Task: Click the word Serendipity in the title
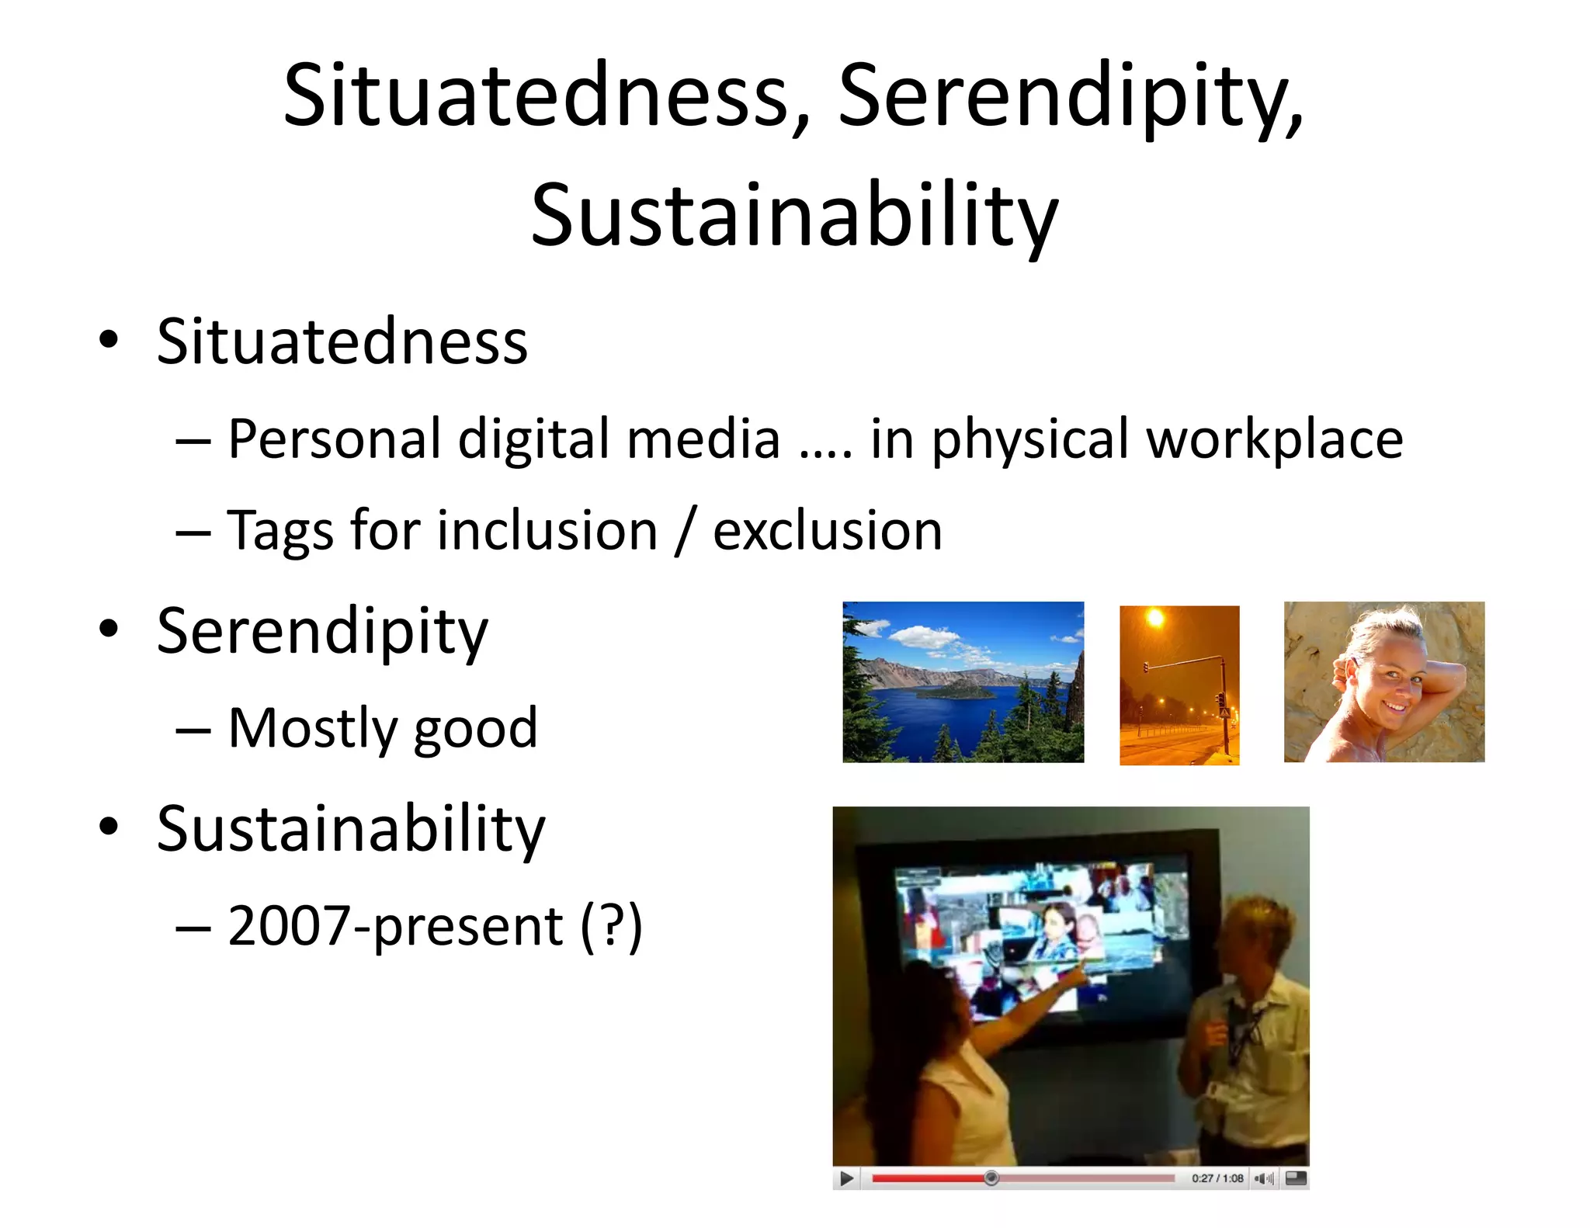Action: [x=1070, y=97]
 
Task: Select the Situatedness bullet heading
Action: [x=342, y=342]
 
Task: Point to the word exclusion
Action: [x=827, y=531]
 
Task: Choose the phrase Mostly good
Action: [x=382, y=728]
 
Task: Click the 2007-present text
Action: [x=395, y=926]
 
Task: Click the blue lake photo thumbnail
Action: [x=963, y=682]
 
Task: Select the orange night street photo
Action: [x=1179, y=685]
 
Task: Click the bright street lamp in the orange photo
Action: [x=1156, y=619]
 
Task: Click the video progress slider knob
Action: [x=991, y=1178]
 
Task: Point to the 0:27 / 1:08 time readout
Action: [x=1217, y=1178]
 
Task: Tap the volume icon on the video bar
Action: [x=1264, y=1178]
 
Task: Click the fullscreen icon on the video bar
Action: [x=1296, y=1178]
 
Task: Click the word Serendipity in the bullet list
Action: [x=322, y=631]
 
